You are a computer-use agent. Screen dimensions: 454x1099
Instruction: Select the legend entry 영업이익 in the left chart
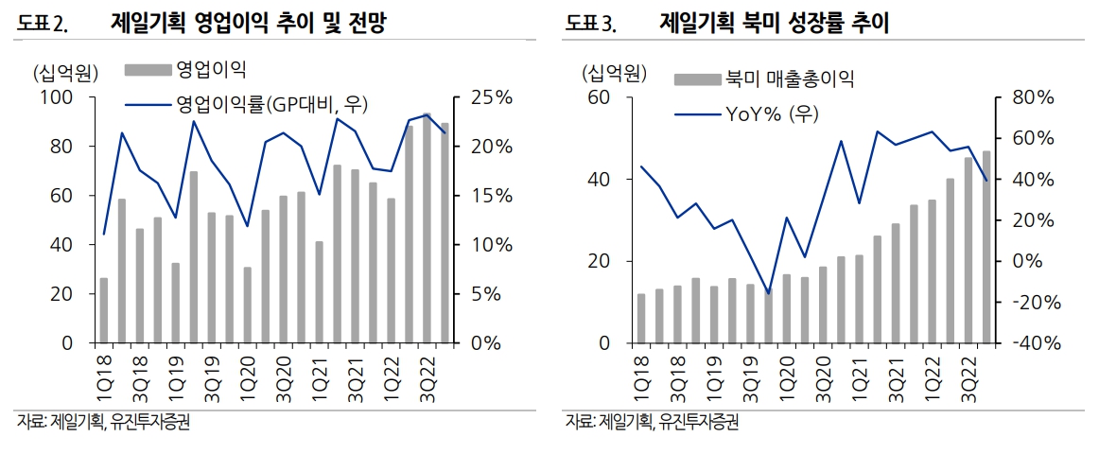tap(211, 68)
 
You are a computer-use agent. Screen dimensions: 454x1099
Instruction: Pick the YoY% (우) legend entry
tap(772, 114)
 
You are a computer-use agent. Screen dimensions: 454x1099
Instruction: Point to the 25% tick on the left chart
tap(490, 97)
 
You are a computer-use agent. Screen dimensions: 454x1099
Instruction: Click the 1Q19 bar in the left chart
tap(176, 303)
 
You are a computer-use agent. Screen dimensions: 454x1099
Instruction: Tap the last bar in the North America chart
tap(986, 247)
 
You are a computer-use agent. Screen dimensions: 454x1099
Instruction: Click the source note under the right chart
tap(652, 422)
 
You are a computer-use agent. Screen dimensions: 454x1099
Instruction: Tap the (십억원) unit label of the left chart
tap(62, 73)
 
